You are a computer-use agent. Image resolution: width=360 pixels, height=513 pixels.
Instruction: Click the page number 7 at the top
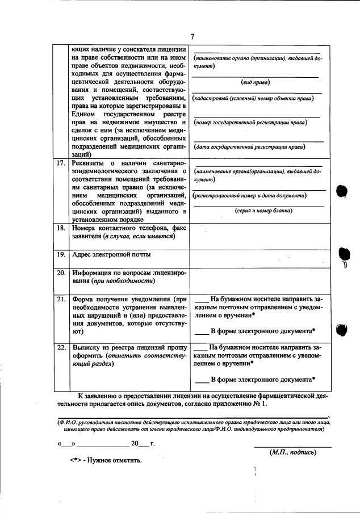192,37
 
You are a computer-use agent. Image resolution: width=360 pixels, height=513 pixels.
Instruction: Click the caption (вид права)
256,82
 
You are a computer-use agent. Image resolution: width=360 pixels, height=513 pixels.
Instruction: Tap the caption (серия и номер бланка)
256,211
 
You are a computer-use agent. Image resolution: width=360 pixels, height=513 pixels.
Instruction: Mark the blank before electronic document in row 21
202,331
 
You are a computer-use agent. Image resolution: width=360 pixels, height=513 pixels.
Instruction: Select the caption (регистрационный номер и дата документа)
250,195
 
